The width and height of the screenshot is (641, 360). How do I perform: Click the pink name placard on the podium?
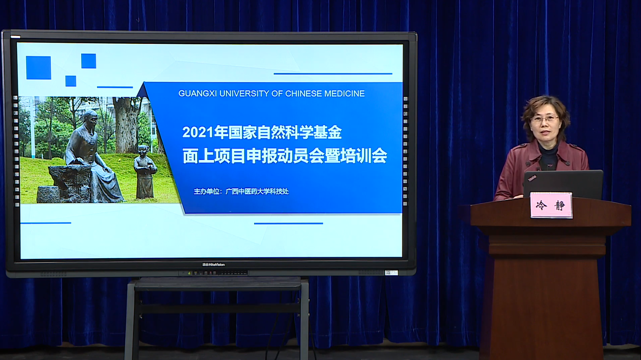click(x=551, y=205)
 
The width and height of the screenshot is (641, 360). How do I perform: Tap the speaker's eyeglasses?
click(x=544, y=118)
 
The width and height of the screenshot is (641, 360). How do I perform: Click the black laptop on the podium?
click(x=563, y=183)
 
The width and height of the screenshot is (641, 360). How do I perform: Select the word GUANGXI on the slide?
click(x=197, y=94)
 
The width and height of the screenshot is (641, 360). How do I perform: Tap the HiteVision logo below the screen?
click(x=213, y=264)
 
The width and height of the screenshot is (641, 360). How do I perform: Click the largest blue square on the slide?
click(x=38, y=68)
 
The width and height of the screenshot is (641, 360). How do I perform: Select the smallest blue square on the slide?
click(x=71, y=81)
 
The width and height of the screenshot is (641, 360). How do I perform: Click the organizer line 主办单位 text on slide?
click(x=241, y=191)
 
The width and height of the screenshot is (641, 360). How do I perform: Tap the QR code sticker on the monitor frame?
click(x=391, y=272)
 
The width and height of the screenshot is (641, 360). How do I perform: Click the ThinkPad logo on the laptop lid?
click(x=532, y=178)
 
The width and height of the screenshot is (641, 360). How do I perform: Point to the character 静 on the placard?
click(x=559, y=205)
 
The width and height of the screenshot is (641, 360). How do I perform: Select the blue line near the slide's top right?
click(x=333, y=74)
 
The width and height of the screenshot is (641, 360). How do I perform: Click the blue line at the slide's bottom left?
click(x=46, y=223)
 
